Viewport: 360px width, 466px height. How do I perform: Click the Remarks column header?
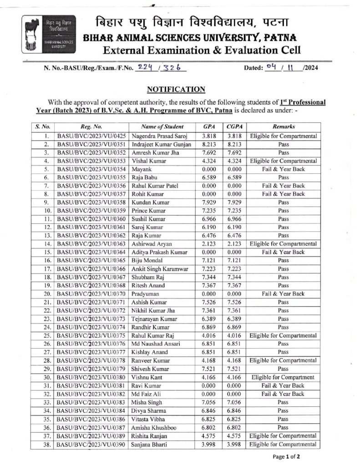point(284,127)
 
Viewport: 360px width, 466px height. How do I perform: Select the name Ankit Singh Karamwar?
point(159,269)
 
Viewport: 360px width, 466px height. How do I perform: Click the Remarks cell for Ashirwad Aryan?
point(284,244)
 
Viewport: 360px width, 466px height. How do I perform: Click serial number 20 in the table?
point(46,294)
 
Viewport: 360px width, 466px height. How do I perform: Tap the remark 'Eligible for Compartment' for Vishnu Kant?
point(284,377)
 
